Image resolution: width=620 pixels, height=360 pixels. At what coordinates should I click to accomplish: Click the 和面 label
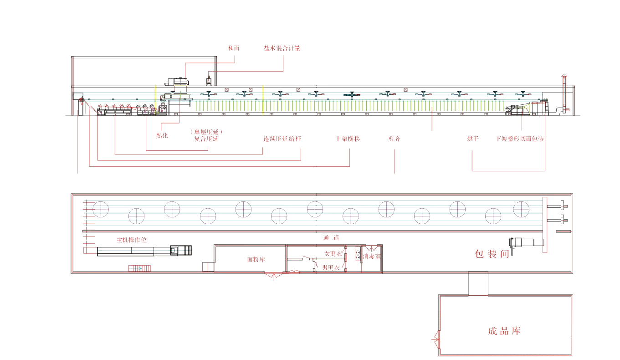234,48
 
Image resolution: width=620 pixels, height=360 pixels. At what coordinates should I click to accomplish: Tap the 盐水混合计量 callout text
282,48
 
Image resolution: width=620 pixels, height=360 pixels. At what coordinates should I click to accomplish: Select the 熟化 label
162,135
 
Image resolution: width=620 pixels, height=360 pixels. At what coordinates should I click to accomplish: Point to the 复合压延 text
206,139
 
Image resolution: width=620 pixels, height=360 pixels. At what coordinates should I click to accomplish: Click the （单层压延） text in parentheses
206,132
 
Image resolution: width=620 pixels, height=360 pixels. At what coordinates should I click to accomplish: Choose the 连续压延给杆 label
282,139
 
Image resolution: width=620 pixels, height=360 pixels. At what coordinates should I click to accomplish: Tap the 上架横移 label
348,139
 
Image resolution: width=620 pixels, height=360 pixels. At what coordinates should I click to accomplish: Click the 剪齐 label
394,139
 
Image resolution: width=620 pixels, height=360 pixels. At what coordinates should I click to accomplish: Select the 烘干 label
472,139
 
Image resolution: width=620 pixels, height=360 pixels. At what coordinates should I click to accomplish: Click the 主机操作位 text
132,240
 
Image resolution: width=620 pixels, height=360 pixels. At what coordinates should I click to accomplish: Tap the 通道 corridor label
331,237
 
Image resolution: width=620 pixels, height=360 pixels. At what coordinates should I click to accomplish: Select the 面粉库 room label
256,259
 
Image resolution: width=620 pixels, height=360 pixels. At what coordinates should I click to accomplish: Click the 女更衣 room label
333,254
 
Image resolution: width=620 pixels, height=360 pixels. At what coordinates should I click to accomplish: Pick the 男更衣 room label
331,267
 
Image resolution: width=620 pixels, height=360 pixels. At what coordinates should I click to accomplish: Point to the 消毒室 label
372,257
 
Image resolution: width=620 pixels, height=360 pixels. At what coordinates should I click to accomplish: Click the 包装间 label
492,254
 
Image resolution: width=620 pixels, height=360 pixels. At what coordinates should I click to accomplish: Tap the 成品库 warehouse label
504,331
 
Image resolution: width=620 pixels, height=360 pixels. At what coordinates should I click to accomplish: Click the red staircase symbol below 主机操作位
140,268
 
